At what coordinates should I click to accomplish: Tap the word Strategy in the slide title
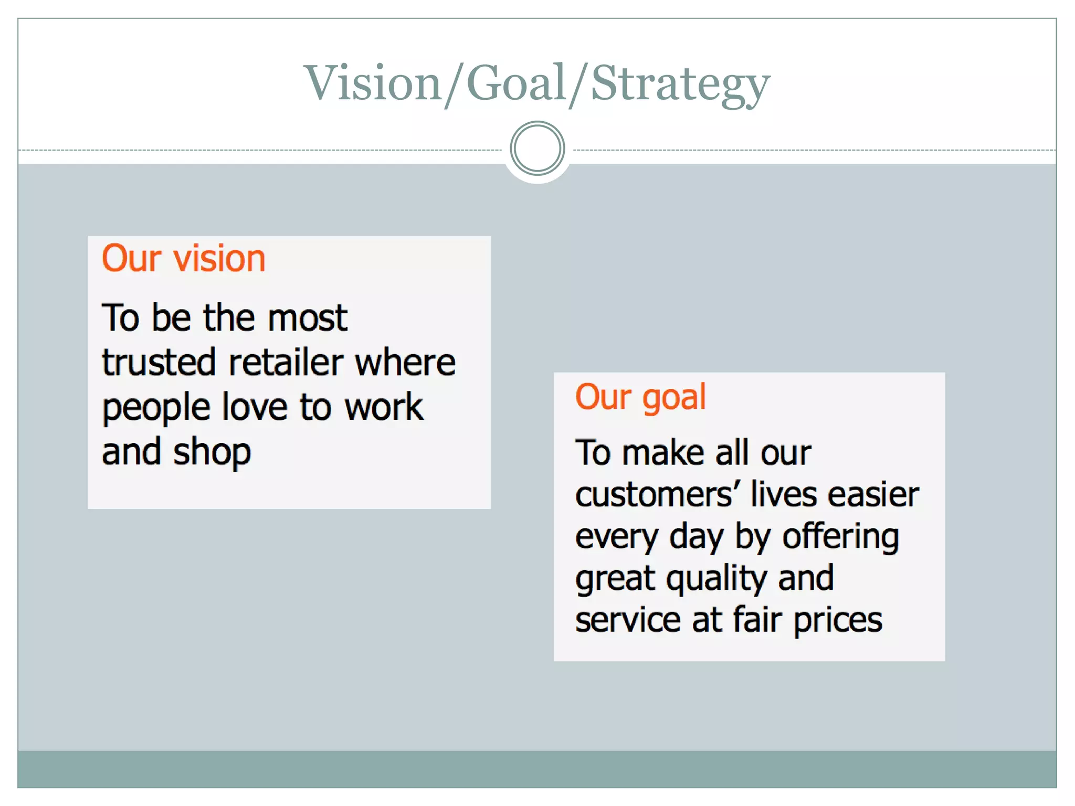680,84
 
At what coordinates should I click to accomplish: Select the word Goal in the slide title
517,83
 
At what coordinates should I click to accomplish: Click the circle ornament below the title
537,148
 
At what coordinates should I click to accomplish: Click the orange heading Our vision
184,258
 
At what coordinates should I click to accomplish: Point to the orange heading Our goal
640,397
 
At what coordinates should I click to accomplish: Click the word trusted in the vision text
159,363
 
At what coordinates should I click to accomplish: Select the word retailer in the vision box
286,363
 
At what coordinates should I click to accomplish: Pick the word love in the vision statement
255,407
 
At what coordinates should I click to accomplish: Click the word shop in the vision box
212,453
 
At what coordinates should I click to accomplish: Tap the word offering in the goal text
841,537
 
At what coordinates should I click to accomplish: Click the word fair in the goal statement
758,620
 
